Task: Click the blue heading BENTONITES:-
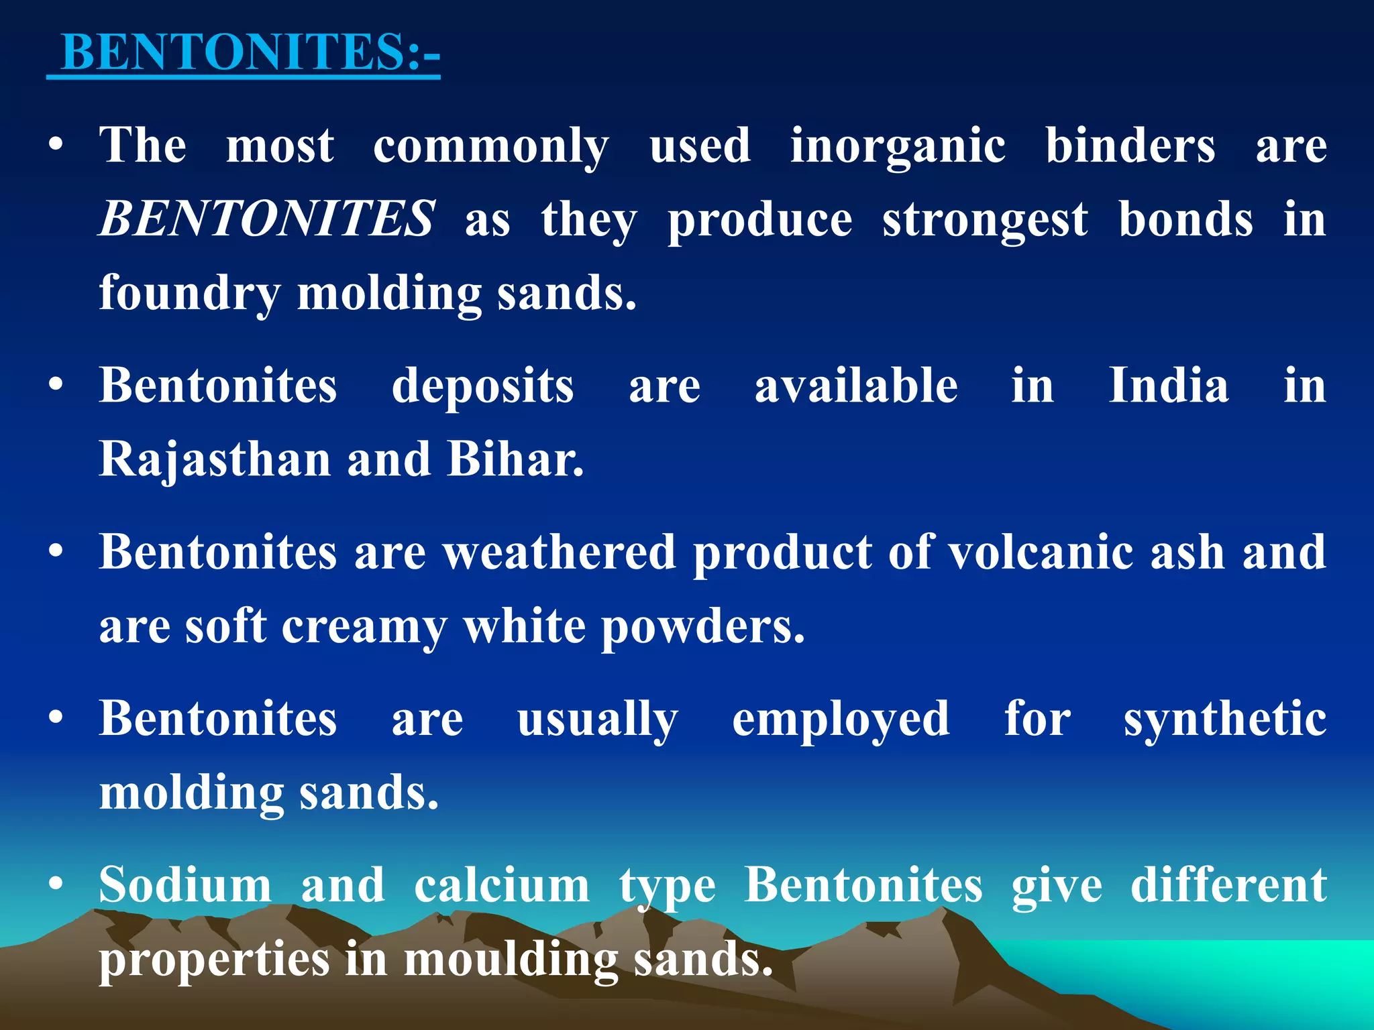click(x=250, y=52)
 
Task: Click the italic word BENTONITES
click(x=267, y=219)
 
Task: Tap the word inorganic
click(x=897, y=146)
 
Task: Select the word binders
click(x=1130, y=146)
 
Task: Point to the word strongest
click(x=985, y=220)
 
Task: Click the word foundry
click(x=190, y=294)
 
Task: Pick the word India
click(x=1169, y=386)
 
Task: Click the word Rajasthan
click(x=215, y=459)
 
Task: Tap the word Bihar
click(x=515, y=459)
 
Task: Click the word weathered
click(x=560, y=552)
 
